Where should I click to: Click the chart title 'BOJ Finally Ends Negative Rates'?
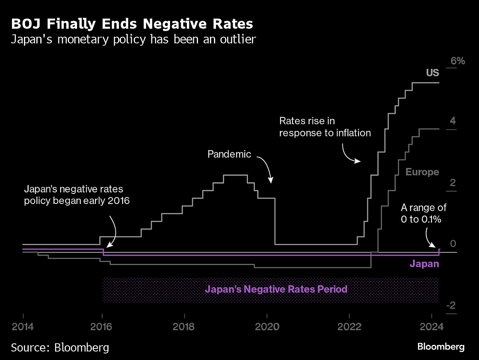(132, 24)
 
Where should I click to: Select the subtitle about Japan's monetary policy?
(133, 40)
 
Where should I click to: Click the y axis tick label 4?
(453, 121)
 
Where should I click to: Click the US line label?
(432, 73)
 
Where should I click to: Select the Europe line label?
(422, 172)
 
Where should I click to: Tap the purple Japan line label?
(424, 264)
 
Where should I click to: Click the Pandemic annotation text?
(229, 154)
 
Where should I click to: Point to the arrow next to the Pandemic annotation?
(266, 169)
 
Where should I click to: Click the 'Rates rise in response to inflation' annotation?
(325, 127)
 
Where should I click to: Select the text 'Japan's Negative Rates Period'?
(276, 289)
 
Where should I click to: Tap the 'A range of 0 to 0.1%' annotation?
(424, 214)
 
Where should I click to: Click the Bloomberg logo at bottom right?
(441, 346)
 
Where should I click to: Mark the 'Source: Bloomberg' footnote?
(60, 347)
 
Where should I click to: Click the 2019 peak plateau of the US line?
(235, 175)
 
